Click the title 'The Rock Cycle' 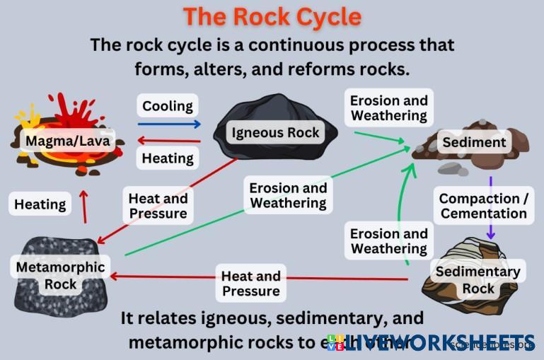(x=272, y=16)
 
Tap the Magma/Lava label (x=68, y=141)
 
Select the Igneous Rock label (x=276, y=132)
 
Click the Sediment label (x=474, y=142)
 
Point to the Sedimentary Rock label (x=478, y=279)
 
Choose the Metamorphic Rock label (x=60, y=276)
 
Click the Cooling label (x=168, y=106)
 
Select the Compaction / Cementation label (x=484, y=206)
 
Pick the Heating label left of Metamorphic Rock (x=40, y=205)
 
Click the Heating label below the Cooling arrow (x=168, y=158)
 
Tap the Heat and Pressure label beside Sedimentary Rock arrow (x=250, y=283)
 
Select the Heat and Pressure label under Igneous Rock (x=158, y=206)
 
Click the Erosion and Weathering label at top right (x=389, y=108)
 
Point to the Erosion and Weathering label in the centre (x=288, y=195)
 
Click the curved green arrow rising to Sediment (x=400, y=205)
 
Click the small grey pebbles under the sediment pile (x=453, y=169)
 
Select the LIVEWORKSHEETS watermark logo (x=432, y=342)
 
